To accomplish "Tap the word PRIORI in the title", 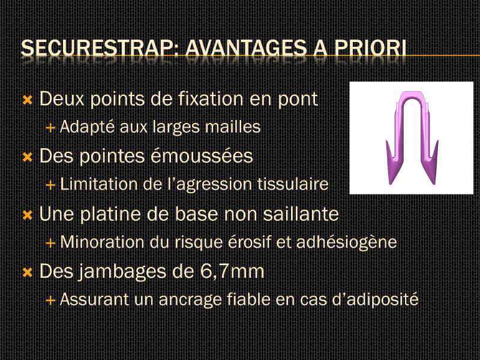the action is (x=370, y=48).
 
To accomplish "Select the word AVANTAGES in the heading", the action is (x=246, y=48).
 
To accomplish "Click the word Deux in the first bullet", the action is (x=62, y=99).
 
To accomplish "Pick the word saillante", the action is (x=301, y=214).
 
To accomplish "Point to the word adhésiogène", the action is (x=347, y=242).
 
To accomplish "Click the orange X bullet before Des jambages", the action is (x=28, y=272).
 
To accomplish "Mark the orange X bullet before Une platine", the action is (x=28, y=215).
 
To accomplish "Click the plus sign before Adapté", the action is (x=50, y=128).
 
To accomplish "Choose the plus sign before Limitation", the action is (x=50, y=185).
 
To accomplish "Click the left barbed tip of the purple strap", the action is (x=391, y=184).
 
